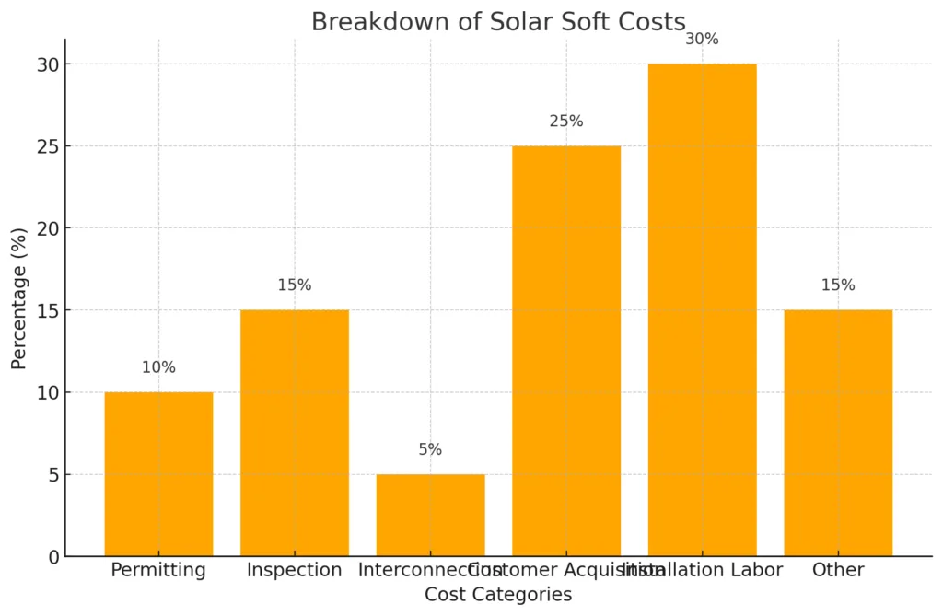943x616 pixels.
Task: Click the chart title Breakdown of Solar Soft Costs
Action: (498, 21)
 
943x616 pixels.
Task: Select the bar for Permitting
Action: (158, 474)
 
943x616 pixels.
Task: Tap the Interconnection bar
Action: (430, 515)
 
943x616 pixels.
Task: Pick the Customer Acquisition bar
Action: (566, 351)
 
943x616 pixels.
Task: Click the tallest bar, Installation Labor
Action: (702, 309)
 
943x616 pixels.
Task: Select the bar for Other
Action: (838, 433)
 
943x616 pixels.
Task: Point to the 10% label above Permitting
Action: (158, 367)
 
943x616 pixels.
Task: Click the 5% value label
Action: (430, 449)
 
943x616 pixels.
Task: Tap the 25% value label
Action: (566, 122)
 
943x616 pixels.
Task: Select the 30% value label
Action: (702, 40)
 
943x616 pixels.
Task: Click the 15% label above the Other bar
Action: (838, 285)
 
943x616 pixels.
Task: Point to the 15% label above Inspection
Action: (295, 285)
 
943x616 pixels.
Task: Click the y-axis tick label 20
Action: (48, 228)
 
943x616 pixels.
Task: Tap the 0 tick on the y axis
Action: (53, 557)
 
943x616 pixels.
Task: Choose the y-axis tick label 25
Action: (48, 146)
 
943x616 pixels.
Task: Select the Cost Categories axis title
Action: (498, 595)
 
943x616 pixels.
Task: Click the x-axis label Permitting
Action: (158, 570)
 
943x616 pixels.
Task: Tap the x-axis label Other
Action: (838, 570)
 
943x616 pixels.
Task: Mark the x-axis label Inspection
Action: (295, 570)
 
